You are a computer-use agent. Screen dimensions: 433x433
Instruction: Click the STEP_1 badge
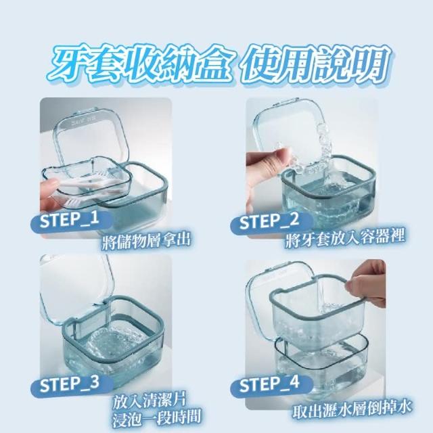(x=72, y=221)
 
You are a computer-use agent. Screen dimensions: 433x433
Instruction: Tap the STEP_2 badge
(x=271, y=223)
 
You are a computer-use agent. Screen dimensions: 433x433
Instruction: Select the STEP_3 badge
(x=72, y=385)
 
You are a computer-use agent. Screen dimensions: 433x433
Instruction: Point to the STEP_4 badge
(x=271, y=384)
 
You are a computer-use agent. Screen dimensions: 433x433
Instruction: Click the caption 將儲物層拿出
(x=146, y=242)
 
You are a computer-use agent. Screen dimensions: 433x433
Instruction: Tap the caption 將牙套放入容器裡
(x=345, y=239)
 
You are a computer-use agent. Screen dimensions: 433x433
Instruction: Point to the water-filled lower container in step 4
(x=323, y=362)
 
